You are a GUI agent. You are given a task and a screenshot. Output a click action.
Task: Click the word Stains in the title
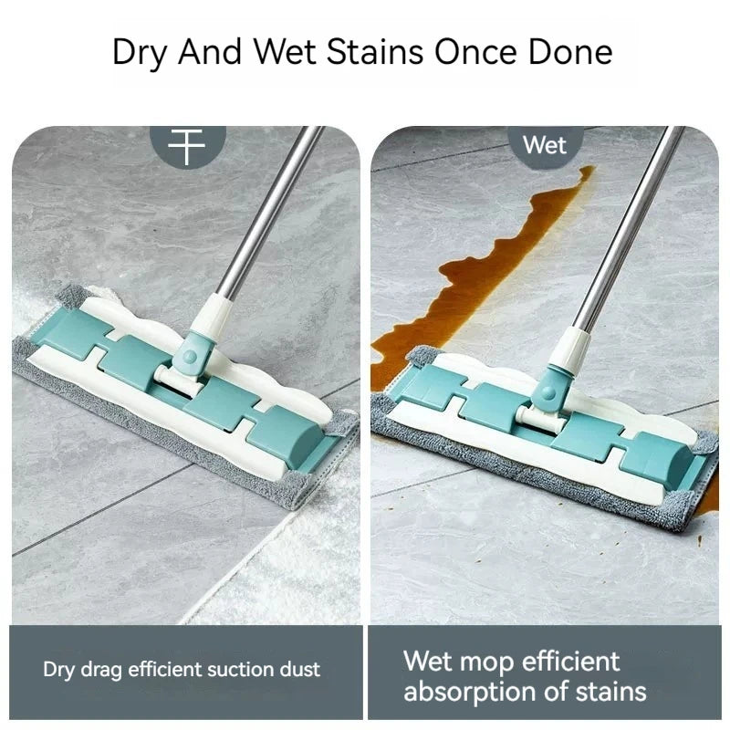tap(375, 51)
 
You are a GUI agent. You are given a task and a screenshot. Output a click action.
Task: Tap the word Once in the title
tap(475, 51)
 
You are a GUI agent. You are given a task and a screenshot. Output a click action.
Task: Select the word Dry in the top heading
tap(139, 52)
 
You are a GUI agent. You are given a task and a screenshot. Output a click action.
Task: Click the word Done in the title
tap(570, 51)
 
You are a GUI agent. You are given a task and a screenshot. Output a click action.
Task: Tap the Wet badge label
tap(545, 145)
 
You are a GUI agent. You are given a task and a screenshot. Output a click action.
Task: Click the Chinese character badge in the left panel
tap(187, 146)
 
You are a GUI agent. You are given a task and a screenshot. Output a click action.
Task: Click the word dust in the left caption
tap(300, 670)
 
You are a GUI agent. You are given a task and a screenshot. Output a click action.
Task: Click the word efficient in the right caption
tap(571, 661)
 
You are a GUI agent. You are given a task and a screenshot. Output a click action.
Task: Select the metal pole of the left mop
tap(270, 212)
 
